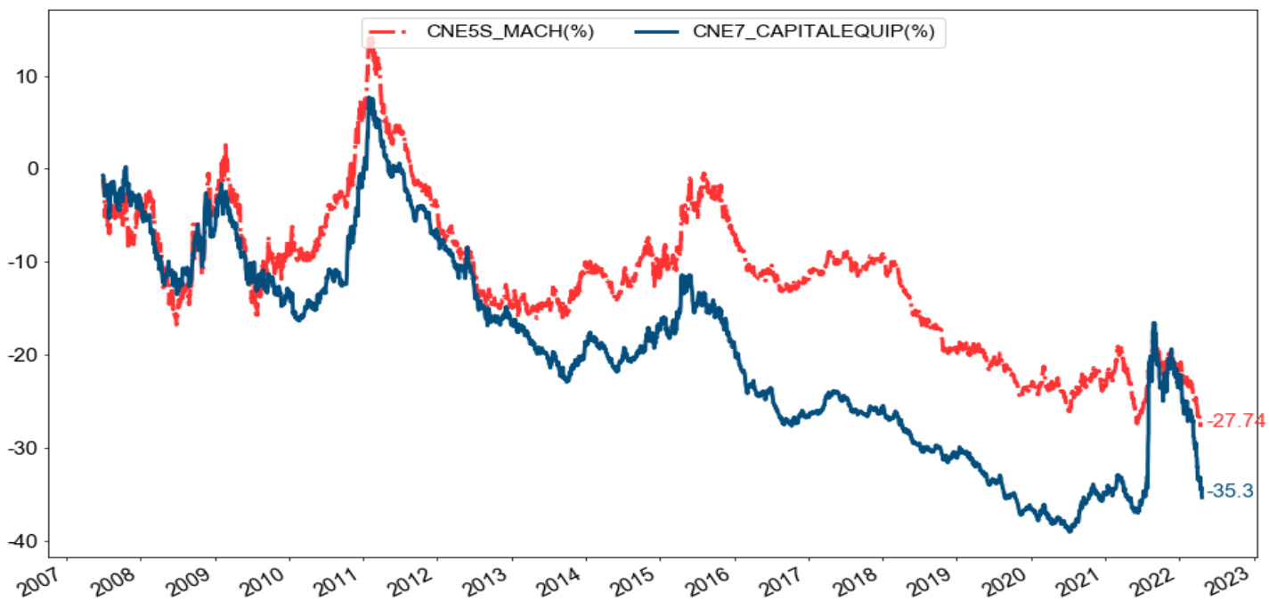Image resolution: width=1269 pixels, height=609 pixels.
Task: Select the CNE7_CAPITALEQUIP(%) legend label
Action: (813, 33)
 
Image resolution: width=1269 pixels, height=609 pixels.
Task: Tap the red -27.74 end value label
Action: (1235, 421)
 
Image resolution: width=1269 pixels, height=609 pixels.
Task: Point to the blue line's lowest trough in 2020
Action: (1070, 531)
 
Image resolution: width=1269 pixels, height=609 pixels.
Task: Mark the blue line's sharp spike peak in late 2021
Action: (1154, 324)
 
